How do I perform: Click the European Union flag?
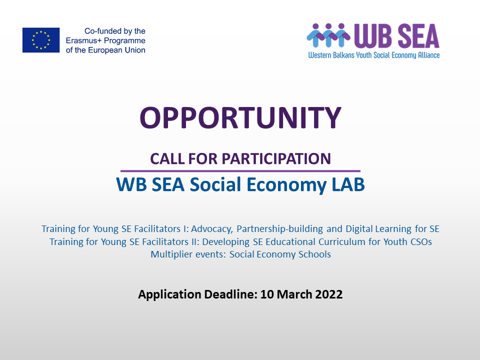[41, 40]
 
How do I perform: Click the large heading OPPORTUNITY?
[240, 118]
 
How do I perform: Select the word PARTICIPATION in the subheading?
[276, 158]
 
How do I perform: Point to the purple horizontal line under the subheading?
[240, 171]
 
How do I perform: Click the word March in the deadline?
[294, 294]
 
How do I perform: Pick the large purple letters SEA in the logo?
[418, 36]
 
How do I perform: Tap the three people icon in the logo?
[328, 35]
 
